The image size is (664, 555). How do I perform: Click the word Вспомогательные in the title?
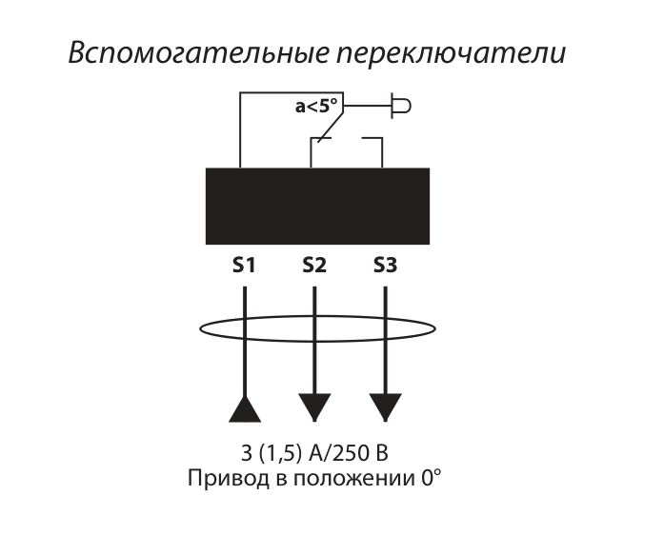(198, 53)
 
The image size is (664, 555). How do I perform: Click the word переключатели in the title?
(452, 53)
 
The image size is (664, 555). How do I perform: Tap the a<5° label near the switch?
(317, 107)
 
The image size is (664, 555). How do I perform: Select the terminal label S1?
(244, 266)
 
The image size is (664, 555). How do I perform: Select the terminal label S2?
(314, 266)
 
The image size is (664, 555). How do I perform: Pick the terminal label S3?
(385, 266)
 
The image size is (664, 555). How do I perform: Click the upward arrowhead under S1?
(245, 409)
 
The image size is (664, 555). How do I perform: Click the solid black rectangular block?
(317, 206)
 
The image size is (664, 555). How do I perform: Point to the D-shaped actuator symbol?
(401, 106)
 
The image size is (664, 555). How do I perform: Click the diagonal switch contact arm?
(331, 124)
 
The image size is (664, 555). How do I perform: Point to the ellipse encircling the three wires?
(317, 328)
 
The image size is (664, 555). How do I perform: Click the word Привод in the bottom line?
(229, 479)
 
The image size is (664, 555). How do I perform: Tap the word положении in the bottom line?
(354, 479)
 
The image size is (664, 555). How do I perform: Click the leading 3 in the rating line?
(247, 453)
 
